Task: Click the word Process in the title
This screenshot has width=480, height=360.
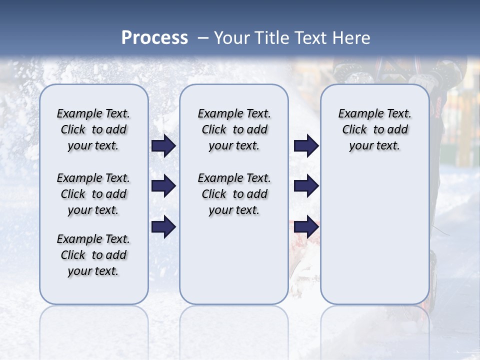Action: pos(154,38)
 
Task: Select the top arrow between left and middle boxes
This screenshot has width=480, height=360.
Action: pos(163,146)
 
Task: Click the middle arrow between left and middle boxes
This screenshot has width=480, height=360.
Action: pos(163,186)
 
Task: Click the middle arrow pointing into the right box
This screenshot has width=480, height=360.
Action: pos(306,186)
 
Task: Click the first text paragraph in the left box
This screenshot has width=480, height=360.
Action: pos(93,129)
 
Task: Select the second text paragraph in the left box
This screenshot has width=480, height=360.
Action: pos(93,194)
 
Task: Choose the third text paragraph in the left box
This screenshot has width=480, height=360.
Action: pos(93,255)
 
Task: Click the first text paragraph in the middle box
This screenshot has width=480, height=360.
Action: pos(234,129)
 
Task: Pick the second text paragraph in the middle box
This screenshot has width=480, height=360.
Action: pos(234,194)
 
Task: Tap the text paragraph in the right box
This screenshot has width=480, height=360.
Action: pos(374,129)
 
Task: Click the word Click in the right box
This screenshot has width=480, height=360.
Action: pos(354,130)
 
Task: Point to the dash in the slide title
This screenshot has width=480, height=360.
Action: pos(202,38)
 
